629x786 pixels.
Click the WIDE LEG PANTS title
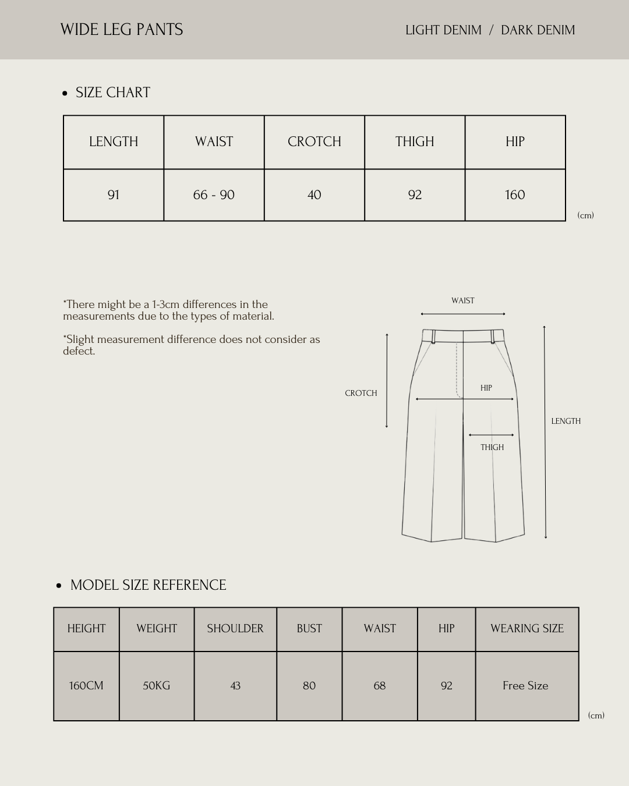(122, 30)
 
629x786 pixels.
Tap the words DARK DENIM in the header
(538, 30)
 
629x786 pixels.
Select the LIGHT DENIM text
(443, 30)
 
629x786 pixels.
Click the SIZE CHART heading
(112, 93)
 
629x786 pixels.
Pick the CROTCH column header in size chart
(314, 141)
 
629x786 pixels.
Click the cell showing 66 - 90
(214, 195)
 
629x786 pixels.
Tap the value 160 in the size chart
(515, 195)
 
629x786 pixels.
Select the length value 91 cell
(114, 195)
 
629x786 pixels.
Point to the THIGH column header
(415, 141)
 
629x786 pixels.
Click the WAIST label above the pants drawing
(462, 300)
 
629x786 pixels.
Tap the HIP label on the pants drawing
(486, 388)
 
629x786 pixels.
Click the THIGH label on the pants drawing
(492, 447)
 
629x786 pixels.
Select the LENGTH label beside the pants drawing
(566, 421)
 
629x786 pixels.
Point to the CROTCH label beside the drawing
(361, 393)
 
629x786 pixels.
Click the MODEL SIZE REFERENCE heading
(148, 585)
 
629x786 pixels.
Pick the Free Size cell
(525, 685)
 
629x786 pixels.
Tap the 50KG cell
(157, 685)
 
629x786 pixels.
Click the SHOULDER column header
(235, 628)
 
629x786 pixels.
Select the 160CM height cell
(86, 685)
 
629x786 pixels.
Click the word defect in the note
(78, 351)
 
